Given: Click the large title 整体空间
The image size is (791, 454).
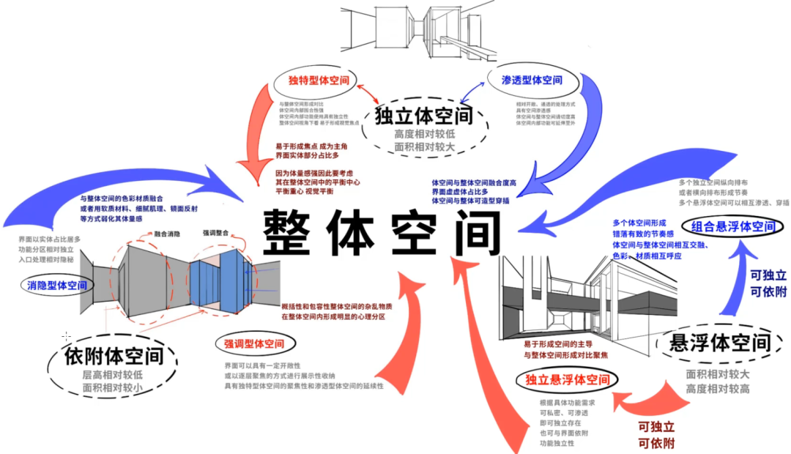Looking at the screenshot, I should [x=381, y=233].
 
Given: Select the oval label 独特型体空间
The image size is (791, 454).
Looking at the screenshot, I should [x=318, y=80].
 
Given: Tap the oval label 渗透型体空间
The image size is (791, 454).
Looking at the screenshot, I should [x=532, y=80].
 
